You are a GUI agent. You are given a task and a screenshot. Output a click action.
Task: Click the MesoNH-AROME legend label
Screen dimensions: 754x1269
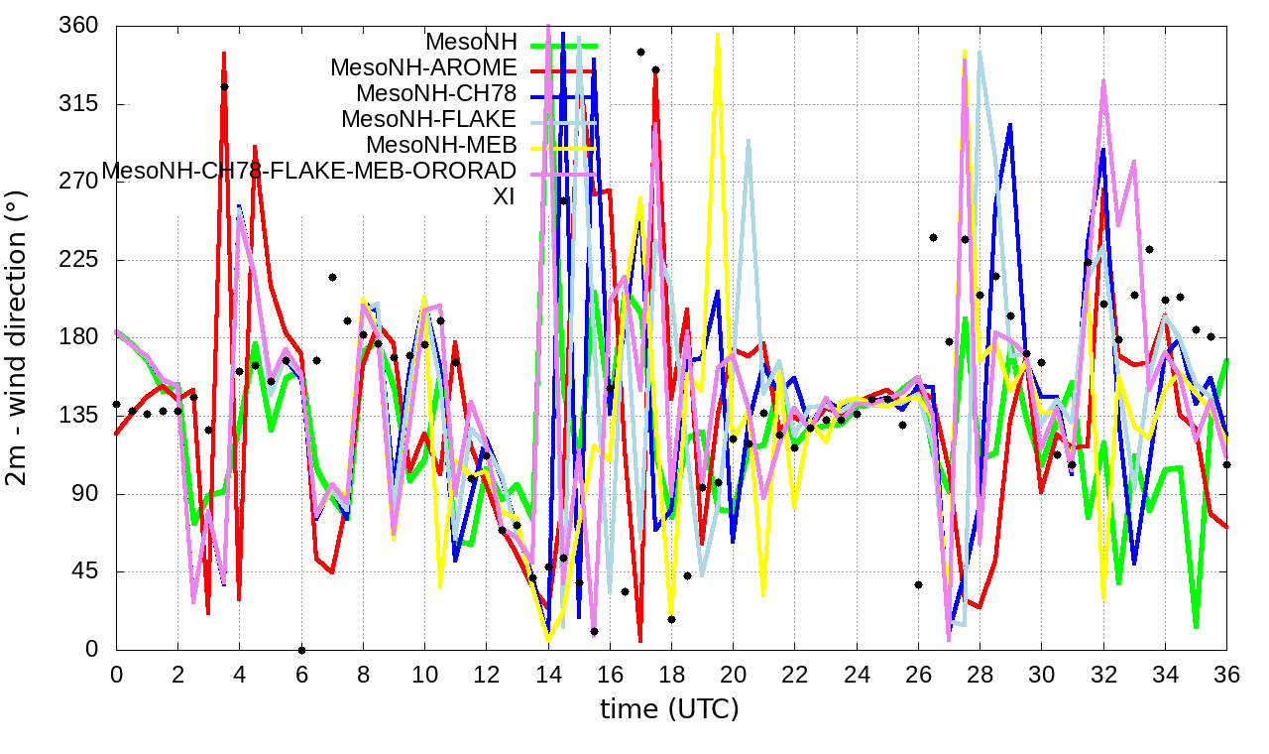coord(423,68)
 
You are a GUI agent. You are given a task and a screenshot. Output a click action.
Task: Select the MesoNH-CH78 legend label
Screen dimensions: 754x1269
coord(436,94)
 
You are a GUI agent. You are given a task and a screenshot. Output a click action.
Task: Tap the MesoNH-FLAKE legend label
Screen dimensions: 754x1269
coord(429,119)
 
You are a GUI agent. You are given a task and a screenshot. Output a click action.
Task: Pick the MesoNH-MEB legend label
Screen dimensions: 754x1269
coord(441,145)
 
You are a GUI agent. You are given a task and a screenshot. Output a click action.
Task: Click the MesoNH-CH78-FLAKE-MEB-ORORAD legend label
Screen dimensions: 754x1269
coord(309,171)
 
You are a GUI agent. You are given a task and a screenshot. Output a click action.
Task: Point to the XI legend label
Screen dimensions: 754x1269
coord(504,196)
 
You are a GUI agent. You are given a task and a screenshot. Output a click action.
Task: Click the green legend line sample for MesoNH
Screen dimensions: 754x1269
coord(566,44)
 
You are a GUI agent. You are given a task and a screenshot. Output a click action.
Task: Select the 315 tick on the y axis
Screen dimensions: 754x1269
coord(78,104)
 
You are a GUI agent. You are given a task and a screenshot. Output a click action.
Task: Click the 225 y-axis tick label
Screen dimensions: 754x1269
coord(78,260)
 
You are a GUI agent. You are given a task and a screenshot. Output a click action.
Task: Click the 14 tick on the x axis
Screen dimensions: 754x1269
coord(548,673)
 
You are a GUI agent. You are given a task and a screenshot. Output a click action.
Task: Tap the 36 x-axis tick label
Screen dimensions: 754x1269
coord(1226,673)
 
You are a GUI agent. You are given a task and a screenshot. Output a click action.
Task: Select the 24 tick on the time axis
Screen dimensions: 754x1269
coord(857,673)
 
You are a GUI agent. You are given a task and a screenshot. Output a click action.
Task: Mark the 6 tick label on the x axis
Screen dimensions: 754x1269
coord(301,673)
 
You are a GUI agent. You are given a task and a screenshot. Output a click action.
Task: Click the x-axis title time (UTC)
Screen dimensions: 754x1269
coord(669,709)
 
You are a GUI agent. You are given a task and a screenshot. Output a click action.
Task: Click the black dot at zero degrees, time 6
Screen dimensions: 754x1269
coord(301,650)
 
